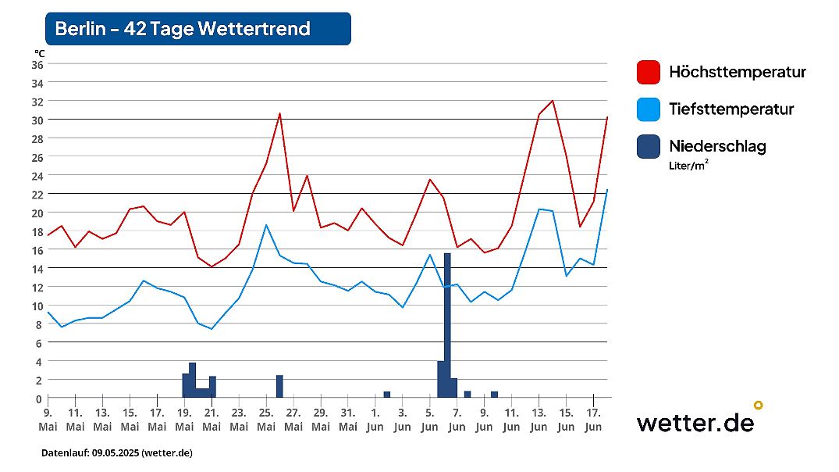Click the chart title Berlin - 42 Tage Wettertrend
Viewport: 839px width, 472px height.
183,29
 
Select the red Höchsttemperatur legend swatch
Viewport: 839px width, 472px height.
649,73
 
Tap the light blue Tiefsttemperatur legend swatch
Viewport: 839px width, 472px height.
649,109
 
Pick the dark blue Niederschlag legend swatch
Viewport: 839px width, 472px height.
649,146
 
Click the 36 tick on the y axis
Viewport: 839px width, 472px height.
37,64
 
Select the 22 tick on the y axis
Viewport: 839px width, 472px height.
37,194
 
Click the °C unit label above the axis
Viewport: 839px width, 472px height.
39,52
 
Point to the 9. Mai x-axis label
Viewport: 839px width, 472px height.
48,420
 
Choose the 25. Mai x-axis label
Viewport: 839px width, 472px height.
266,420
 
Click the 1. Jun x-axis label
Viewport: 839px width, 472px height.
375,420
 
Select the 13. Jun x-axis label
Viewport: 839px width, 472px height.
539,420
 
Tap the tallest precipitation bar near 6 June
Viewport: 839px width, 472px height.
447,325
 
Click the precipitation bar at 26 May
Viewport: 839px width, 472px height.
279,387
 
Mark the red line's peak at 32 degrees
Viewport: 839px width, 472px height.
553,101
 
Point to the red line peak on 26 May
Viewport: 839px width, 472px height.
279,113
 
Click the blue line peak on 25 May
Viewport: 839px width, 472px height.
266,225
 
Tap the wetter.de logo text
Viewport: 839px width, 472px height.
695,423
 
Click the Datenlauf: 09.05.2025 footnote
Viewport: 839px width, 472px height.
116,453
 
